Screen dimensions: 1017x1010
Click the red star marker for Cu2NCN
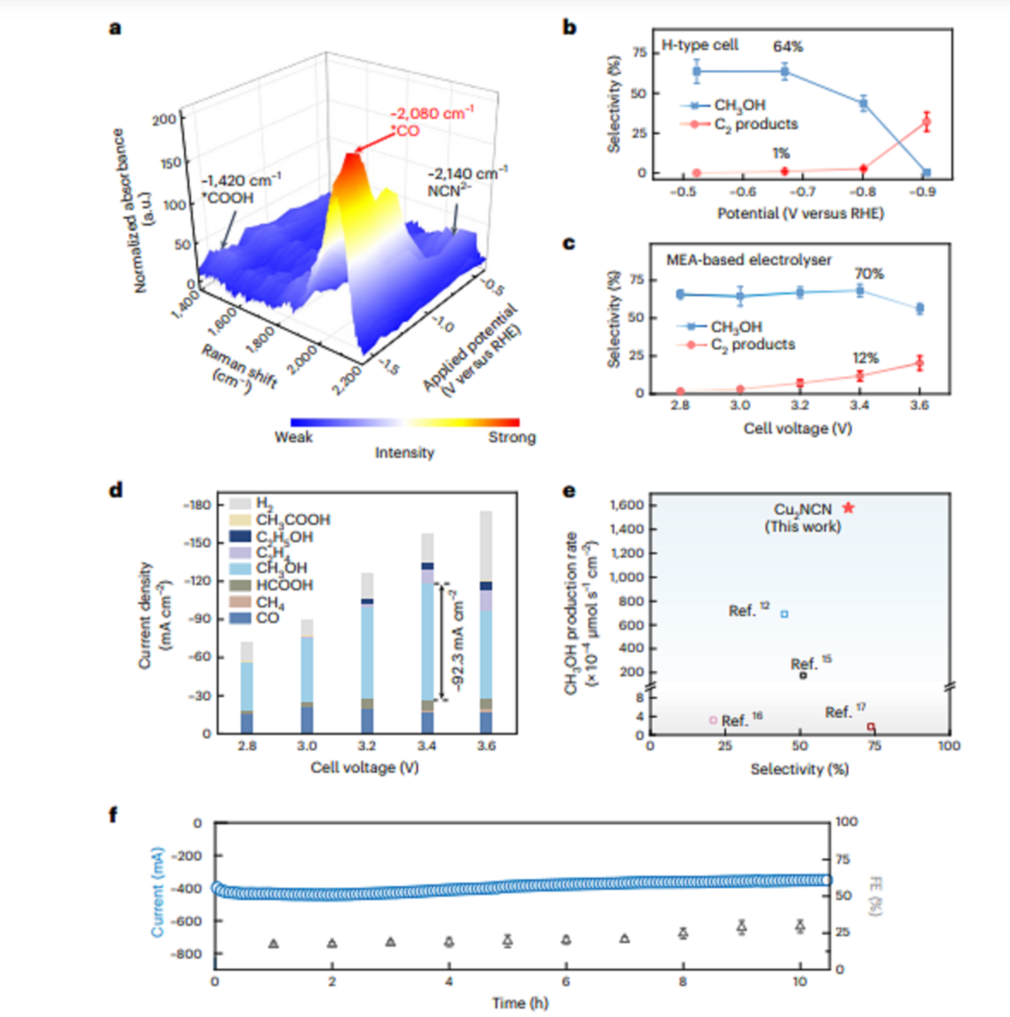[848, 508]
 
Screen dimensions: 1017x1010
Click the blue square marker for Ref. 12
[785, 614]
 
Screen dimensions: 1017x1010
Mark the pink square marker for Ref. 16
[713, 719]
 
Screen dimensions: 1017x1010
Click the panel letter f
[114, 814]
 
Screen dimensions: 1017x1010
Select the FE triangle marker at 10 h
[800, 925]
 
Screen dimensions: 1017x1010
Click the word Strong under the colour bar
[512, 437]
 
